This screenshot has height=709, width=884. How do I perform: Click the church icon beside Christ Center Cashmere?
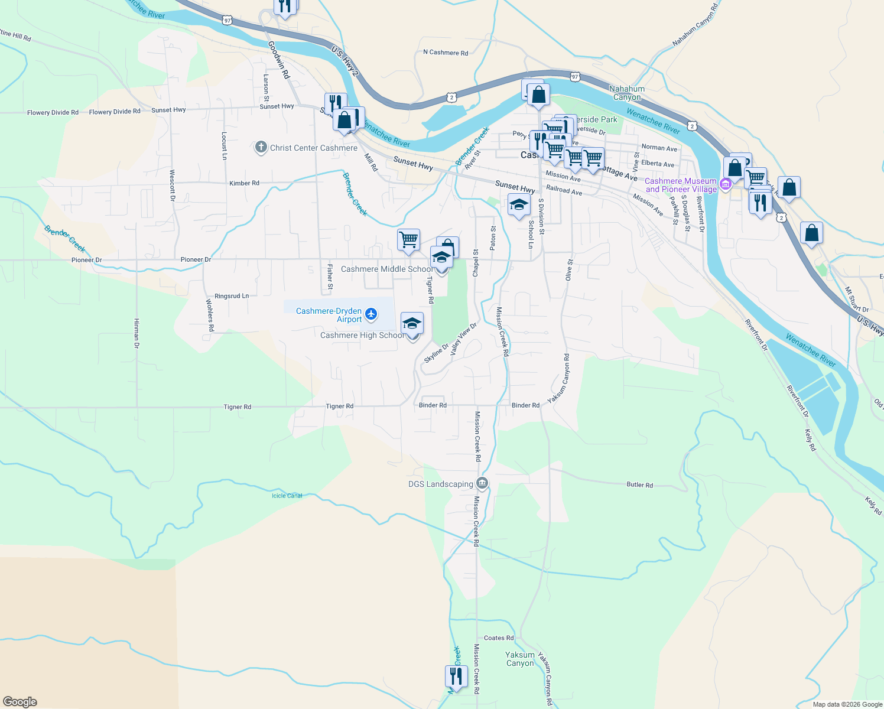(x=261, y=147)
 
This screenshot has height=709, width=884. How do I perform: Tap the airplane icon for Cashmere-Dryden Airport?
(x=371, y=314)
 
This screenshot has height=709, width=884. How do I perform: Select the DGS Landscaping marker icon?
(x=482, y=484)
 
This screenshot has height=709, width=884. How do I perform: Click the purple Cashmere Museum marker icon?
(x=726, y=185)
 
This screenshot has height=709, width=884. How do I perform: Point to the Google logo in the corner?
(x=20, y=702)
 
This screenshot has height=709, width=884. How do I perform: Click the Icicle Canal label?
(x=287, y=496)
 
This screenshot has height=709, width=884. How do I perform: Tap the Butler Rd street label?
(x=639, y=484)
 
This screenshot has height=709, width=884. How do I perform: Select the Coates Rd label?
(x=499, y=638)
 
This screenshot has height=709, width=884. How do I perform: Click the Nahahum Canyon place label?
(x=627, y=93)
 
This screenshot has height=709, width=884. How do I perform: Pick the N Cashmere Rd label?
(x=446, y=53)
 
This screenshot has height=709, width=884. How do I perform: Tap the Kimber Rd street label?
(x=244, y=183)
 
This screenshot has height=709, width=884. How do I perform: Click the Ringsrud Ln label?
(x=232, y=296)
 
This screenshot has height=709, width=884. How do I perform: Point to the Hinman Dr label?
(x=136, y=333)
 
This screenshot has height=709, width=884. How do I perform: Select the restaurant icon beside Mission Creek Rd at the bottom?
(x=456, y=675)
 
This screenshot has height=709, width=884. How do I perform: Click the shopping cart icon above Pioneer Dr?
(x=408, y=240)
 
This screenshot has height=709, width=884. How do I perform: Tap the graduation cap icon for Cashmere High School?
(x=412, y=324)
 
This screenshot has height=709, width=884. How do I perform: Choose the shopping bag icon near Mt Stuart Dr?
(x=811, y=233)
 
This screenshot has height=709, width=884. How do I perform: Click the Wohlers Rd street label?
(x=210, y=315)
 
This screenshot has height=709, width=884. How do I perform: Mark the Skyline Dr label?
(x=436, y=353)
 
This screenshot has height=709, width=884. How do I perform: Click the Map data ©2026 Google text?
(x=847, y=704)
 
